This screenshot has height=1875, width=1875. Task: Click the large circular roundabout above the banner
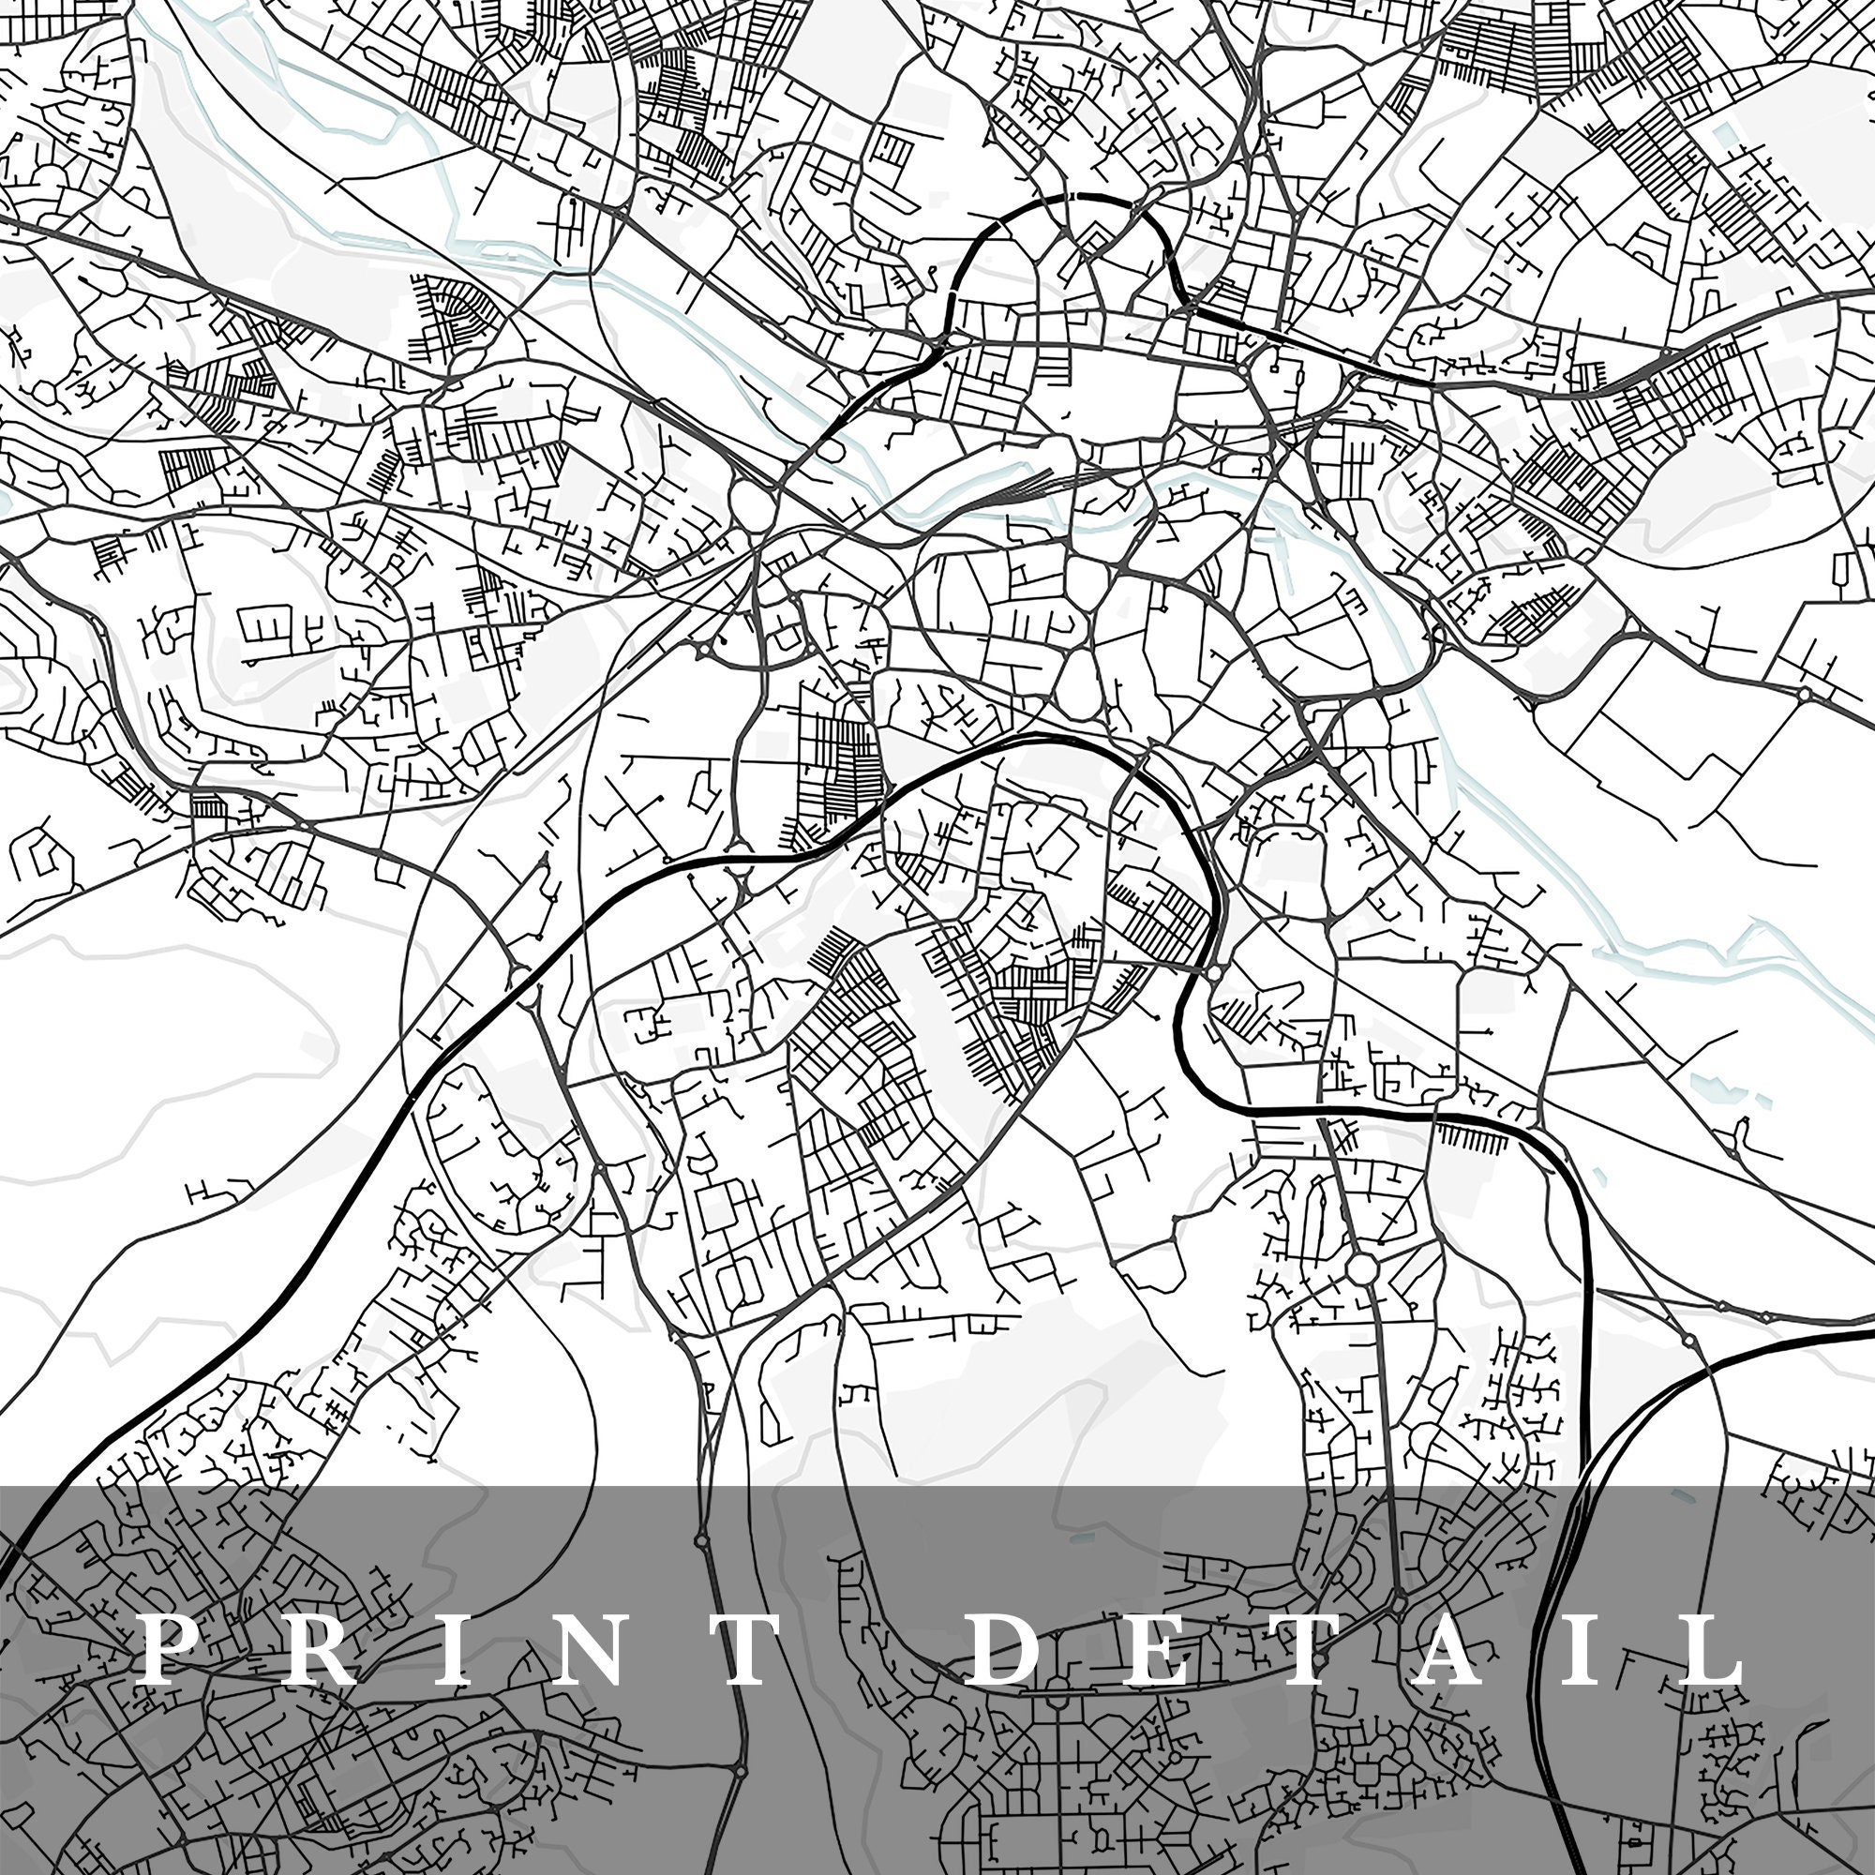1362,1267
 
